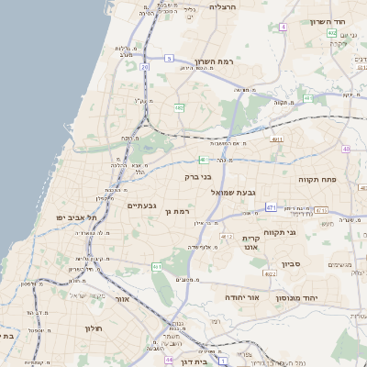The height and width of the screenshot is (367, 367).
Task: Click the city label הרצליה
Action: click(x=223, y=6)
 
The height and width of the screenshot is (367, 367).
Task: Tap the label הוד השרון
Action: click(x=326, y=21)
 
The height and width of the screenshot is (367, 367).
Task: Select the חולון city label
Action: click(x=94, y=328)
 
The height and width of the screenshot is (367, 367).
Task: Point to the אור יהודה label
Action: click(x=242, y=298)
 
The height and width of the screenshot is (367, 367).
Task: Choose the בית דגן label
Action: click(x=190, y=350)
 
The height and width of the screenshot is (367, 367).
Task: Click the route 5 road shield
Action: click(x=169, y=59)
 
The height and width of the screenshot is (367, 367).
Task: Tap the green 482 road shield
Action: click(x=180, y=107)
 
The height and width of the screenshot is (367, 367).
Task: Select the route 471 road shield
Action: click(x=272, y=208)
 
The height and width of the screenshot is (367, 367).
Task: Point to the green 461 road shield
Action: click(x=157, y=267)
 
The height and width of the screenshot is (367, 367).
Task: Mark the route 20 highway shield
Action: click(x=145, y=67)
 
